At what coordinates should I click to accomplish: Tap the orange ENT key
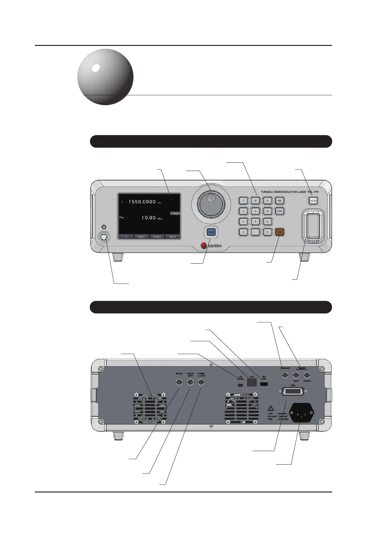coord(280,232)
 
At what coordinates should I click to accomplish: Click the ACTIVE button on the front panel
coord(313,201)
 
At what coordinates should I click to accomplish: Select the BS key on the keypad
coord(280,201)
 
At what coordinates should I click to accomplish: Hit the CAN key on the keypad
coord(280,211)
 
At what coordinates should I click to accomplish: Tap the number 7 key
coord(243,201)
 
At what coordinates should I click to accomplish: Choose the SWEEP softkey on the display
coord(141,237)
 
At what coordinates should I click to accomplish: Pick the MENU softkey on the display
coord(173,237)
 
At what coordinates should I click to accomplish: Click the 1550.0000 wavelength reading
coord(142,202)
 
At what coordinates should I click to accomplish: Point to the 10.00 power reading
coord(148,218)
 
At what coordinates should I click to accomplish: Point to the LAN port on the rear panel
coord(252,382)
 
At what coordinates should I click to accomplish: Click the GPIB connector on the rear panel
coord(293,392)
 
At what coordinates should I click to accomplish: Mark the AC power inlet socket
coord(300,412)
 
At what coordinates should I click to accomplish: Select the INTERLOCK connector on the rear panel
coord(285,375)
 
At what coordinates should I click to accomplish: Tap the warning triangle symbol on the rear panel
coord(271,408)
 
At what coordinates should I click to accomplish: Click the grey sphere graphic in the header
coord(105,77)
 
